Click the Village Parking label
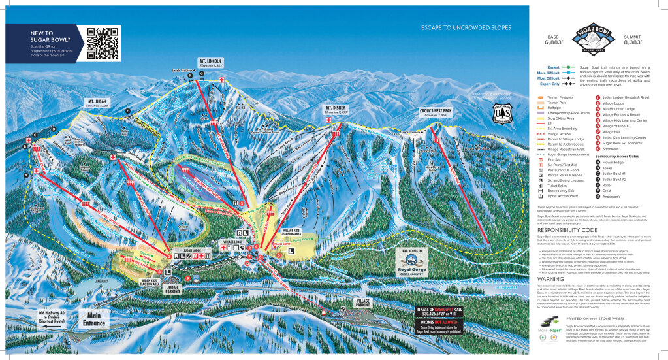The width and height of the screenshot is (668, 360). click(x=364, y=303)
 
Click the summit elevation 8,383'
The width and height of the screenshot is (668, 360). click(x=632, y=40)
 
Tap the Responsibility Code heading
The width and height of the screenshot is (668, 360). click(x=567, y=230)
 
